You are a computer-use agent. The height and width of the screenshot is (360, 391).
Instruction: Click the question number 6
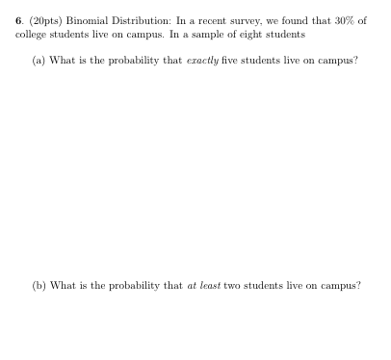tap(18, 20)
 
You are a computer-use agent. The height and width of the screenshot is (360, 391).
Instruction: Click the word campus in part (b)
tap(338, 286)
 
